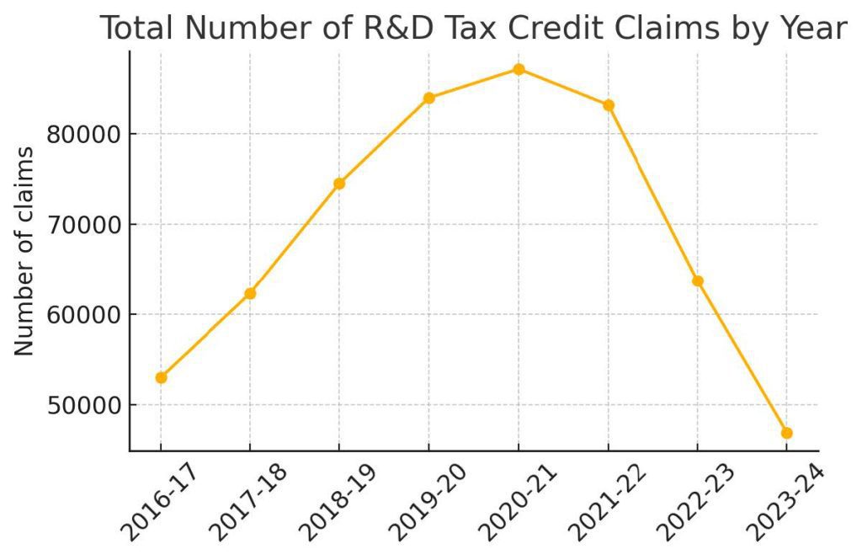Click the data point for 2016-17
[x=161, y=377]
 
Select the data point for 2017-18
[x=250, y=293]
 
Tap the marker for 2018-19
[x=339, y=184]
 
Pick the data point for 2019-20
[x=429, y=98]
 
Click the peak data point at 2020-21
[x=519, y=69]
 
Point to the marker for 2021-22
[x=609, y=105]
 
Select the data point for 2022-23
[x=698, y=280]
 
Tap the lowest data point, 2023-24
[x=787, y=433]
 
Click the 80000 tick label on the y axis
[x=82, y=135]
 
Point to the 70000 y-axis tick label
[x=82, y=225]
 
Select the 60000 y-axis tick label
[x=82, y=315]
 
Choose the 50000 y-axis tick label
[x=82, y=405]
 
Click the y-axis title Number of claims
[x=25, y=251]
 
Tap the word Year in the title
[x=811, y=29]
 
